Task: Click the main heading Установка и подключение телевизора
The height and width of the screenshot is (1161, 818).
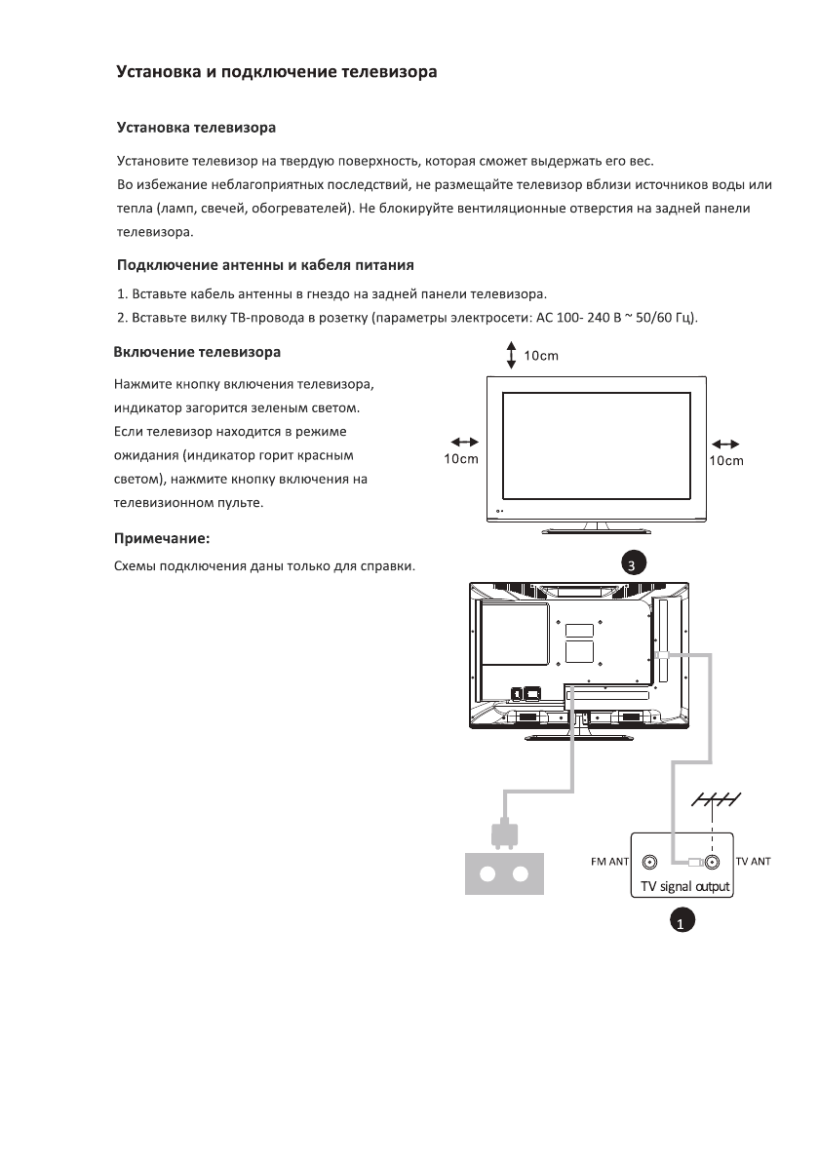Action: tap(276, 72)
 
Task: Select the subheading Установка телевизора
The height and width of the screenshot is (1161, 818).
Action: tap(196, 128)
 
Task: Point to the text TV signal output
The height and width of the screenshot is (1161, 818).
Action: tap(684, 887)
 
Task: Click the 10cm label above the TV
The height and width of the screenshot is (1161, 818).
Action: tap(541, 356)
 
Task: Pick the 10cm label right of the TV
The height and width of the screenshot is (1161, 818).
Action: tap(726, 460)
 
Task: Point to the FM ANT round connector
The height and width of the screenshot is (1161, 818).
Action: tap(648, 863)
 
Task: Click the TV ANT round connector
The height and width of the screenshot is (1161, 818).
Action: tap(713, 863)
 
